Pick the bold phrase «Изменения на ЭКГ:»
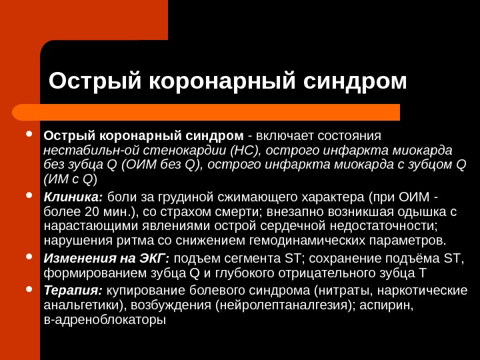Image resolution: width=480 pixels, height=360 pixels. (107, 259)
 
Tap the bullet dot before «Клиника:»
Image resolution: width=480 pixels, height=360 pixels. (29, 196)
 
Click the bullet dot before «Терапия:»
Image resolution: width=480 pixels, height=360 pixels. (29, 289)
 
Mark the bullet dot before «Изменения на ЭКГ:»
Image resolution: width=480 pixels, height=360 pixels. (29, 257)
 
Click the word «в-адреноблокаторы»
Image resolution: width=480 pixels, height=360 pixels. (104, 320)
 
